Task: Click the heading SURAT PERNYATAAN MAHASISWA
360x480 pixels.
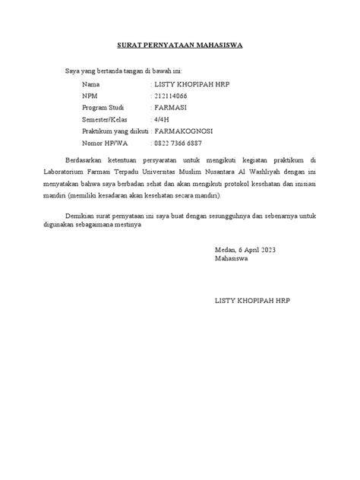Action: [179, 46]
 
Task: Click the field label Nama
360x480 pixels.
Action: [90, 84]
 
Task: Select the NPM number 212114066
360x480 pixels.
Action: [174, 96]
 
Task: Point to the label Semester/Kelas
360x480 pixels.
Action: [106, 119]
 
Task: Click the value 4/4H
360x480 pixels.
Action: [163, 119]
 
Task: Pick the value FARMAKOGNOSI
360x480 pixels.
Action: [184, 131]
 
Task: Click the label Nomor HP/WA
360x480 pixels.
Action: [104, 144]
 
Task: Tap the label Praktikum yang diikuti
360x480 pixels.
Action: [115, 131]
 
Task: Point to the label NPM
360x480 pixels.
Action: [90, 96]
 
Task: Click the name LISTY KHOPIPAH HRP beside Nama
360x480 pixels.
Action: [191, 84]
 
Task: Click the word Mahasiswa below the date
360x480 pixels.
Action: [235, 258]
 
